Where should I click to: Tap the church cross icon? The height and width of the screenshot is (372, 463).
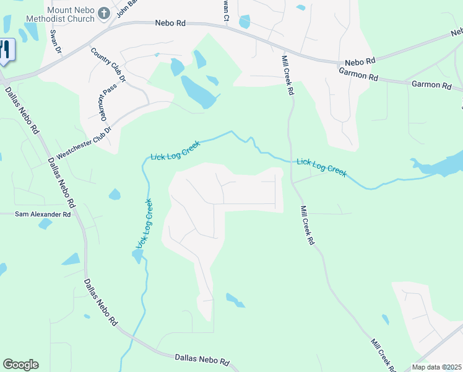coord(104,13)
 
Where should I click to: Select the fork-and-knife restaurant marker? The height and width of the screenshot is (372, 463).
coord(5,50)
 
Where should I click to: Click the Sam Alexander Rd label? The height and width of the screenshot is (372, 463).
coord(43,215)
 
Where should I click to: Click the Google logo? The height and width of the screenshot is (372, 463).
coord(20,365)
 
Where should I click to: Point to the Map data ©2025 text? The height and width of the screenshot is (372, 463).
coord(436,367)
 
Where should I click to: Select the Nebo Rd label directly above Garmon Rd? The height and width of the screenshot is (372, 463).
coord(360,62)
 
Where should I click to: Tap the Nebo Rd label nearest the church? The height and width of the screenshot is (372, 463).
coord(170,24)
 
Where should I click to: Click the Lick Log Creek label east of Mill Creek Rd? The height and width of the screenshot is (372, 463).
coord(321,166)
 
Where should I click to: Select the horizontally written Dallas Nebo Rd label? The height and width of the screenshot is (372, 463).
coord(202,359)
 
